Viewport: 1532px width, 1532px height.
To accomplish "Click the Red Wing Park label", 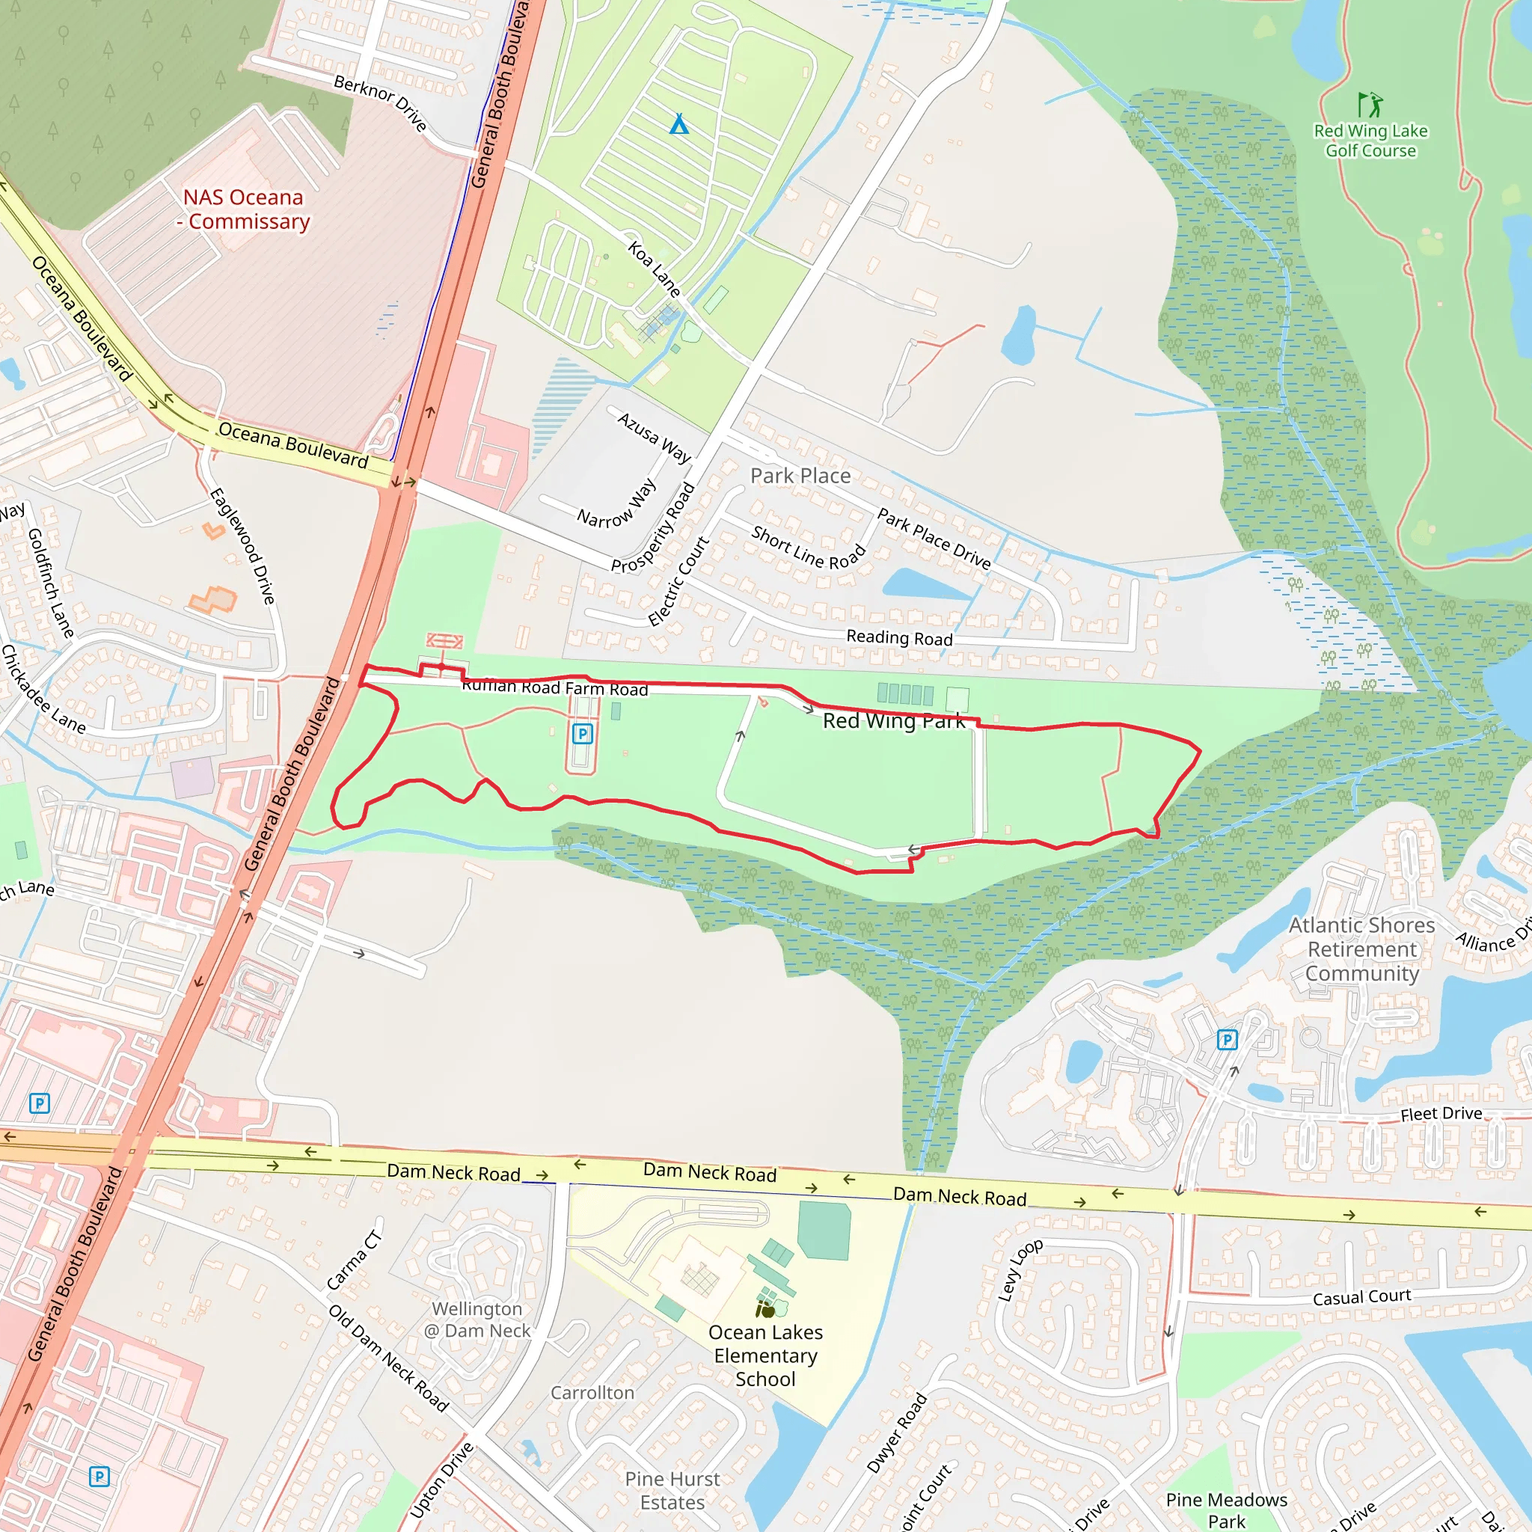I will pos(894,720).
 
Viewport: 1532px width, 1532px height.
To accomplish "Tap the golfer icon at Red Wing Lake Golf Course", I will pos(1370,105).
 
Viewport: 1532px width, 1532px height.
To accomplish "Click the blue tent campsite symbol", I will pos(678,124).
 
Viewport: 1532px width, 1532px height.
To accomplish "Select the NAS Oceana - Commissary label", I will pos(243,209).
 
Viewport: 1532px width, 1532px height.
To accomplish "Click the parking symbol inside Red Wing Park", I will pos(583,734).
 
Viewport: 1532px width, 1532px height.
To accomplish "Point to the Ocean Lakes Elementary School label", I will pos(765,1355).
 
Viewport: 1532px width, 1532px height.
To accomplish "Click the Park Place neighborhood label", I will pos(800,476).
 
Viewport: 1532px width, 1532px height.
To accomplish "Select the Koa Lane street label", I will pos(655,269).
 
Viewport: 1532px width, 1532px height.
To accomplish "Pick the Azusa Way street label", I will pos(655,437).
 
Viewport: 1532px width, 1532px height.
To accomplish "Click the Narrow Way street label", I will pos(617,503).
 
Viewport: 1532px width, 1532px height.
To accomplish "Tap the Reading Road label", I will pos(899,637).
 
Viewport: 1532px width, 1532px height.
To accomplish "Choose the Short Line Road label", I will pos(808,548).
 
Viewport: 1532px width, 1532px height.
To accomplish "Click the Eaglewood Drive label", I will pos(242,545).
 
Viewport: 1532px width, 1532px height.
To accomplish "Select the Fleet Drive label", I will pos(1441,1113).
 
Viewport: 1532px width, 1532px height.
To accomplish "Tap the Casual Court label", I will pos(1361,1297).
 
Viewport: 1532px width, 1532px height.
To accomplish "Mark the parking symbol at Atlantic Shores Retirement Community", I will pos(1227,1040).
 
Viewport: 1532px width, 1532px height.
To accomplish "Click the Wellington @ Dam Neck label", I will pos(477,1320).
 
